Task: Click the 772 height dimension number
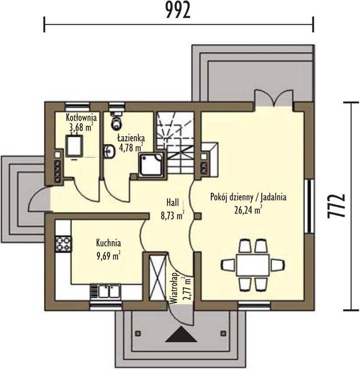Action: click(x=336, y=206)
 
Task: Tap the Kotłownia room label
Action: click(x=81, y=117)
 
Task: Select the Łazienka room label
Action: click(x=131, y=138)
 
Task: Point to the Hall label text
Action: click(x=173, y=202)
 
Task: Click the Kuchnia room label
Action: click(x=108, y=243)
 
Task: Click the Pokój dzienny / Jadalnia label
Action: click(x=248, y=197)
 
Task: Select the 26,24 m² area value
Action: click(x=248, y=210)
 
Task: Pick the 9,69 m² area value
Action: click(x=108, y=256)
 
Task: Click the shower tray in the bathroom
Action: click(x=151, y=165)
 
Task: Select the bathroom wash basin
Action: click(x=109, y=151)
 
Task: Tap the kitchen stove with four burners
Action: click(x=63, y=244)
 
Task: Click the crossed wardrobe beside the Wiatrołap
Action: click(x=158, y=277)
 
